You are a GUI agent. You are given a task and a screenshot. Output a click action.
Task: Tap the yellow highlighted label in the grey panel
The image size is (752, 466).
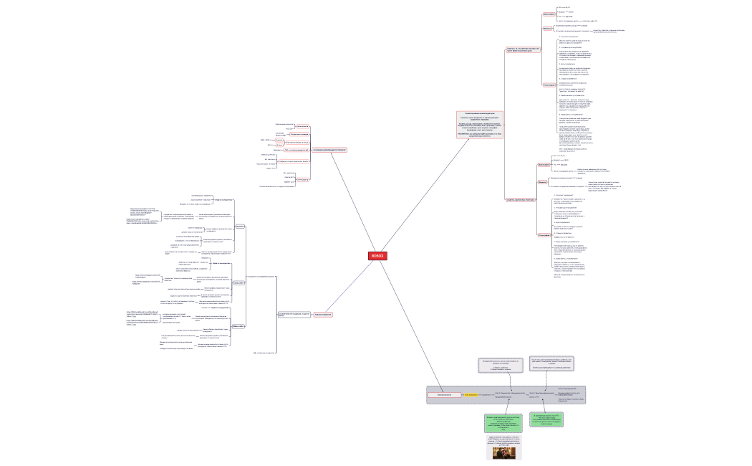471,395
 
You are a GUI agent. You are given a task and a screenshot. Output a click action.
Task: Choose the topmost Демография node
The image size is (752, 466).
549,14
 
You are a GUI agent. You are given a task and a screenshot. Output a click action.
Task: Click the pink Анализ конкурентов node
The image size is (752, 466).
325,314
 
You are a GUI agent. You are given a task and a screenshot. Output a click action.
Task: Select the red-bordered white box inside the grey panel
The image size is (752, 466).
444,395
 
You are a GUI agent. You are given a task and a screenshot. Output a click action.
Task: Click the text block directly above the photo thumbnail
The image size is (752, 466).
508,439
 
